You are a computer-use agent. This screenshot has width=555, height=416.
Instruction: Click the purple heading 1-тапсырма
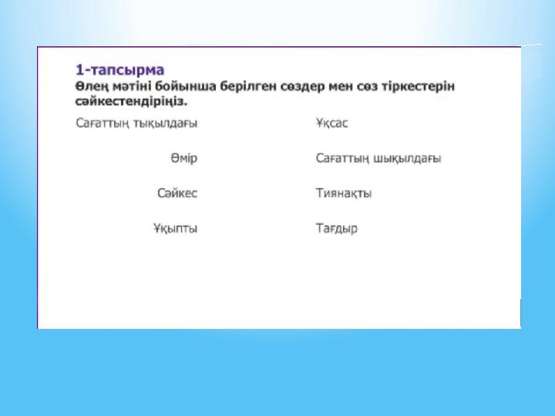(x=120, y=70)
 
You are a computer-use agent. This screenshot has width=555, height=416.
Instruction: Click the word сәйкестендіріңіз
(x=131, y=102)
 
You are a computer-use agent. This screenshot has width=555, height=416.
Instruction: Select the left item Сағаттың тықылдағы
(x=136, y=123)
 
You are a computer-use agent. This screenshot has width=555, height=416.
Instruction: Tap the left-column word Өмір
(x=184, y=158)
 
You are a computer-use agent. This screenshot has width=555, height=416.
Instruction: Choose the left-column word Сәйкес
(x=177, y=193)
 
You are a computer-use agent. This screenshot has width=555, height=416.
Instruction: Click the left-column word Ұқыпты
(x=176, y=228)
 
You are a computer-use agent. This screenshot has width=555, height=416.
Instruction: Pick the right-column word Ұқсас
(x=331, y=123)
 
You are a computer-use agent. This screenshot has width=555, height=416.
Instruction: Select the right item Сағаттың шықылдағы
(x=378, y=158)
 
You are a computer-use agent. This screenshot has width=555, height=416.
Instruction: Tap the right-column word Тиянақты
(x=344, y=193)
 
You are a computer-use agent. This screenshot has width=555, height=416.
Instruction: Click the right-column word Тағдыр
(x=337, y=228)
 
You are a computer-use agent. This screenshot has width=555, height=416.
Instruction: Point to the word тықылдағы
(x=165, y=123)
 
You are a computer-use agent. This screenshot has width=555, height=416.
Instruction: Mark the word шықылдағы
(x=408, y=159)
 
